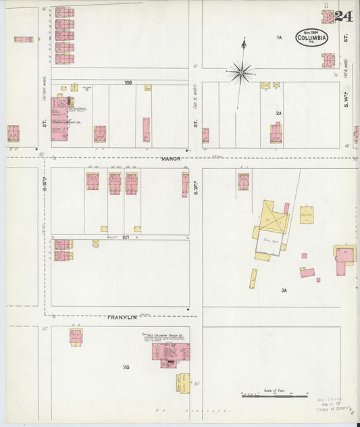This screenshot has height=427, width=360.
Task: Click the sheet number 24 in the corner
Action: pyautogui.click(x=344, y=16)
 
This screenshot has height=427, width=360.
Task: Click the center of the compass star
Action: pyautogui.click(x=241, y=70)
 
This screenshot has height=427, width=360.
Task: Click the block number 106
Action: pyautogui.click(x=128, y=82)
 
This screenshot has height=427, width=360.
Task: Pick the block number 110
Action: pyautogui.click(x=126, y=368)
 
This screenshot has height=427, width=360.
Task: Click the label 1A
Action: pyautogui.click(x=278, y=38)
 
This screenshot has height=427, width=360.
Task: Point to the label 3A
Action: pyautogui.click(x=284, y=291)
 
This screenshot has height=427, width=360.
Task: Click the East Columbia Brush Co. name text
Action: pyautogui.click(x=166, y=336)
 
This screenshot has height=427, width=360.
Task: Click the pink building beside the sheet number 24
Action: pyautogui.click(x=328, y=17)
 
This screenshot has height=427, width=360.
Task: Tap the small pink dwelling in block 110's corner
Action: pyautogui.click(x=76, y=336)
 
